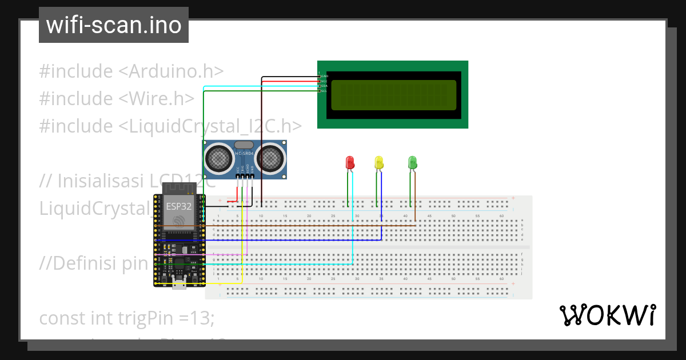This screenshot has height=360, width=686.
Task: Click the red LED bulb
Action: (350, 162)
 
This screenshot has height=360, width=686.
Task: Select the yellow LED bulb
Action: (378, 162)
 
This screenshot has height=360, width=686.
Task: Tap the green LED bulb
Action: (412, 162)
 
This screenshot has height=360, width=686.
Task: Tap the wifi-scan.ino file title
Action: (113, 25)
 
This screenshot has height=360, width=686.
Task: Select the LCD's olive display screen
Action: (393, 95)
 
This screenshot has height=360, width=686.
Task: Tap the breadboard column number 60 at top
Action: (501, 215)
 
